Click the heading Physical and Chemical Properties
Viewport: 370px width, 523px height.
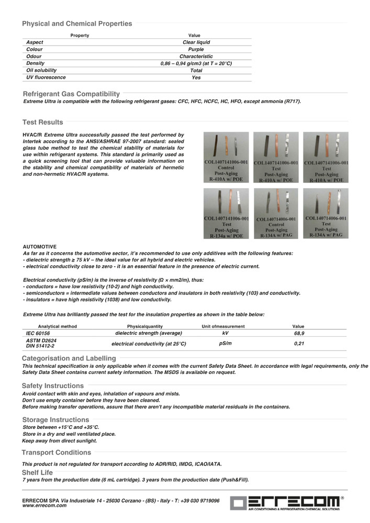tap(77, 24)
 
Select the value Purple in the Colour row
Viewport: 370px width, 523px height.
tap(196, 50)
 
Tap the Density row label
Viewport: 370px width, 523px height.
tap(35, 63)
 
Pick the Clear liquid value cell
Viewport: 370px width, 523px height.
tap(196, 42)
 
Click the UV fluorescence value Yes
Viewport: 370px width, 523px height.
tap(196, 77)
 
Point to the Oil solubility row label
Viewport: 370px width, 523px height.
tap(41, 70)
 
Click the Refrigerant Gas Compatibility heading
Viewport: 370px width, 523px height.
tap(71, 94)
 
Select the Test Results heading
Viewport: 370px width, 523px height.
tap(42, 122)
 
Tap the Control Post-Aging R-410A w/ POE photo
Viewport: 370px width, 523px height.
tap(226, 156)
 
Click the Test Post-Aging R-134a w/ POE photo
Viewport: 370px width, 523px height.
tap(226, 213)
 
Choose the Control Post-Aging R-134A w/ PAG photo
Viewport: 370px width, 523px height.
tap(276, 213)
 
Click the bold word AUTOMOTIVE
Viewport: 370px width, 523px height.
tap(40, 246)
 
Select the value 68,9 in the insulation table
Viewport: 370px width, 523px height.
tap(299, 333)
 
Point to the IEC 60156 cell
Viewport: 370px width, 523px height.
tap(38, 333)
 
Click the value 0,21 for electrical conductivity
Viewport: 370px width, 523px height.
tap(299, 344)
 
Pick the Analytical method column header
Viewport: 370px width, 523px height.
tap(57, 326)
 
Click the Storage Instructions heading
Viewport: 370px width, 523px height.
tap(55, 419)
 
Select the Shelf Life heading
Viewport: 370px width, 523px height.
tap(37, 472)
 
